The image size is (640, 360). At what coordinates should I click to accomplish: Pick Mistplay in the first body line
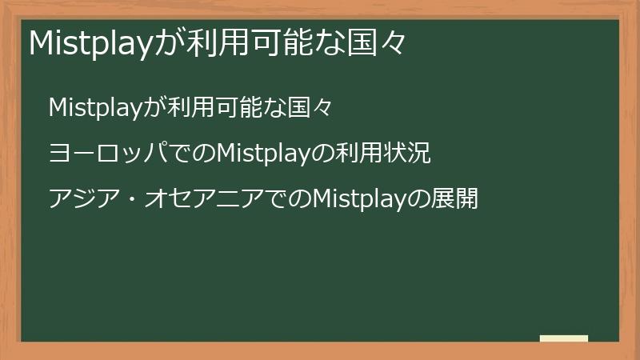click(95, 108)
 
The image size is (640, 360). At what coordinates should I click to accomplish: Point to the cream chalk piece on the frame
click(564, 338)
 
